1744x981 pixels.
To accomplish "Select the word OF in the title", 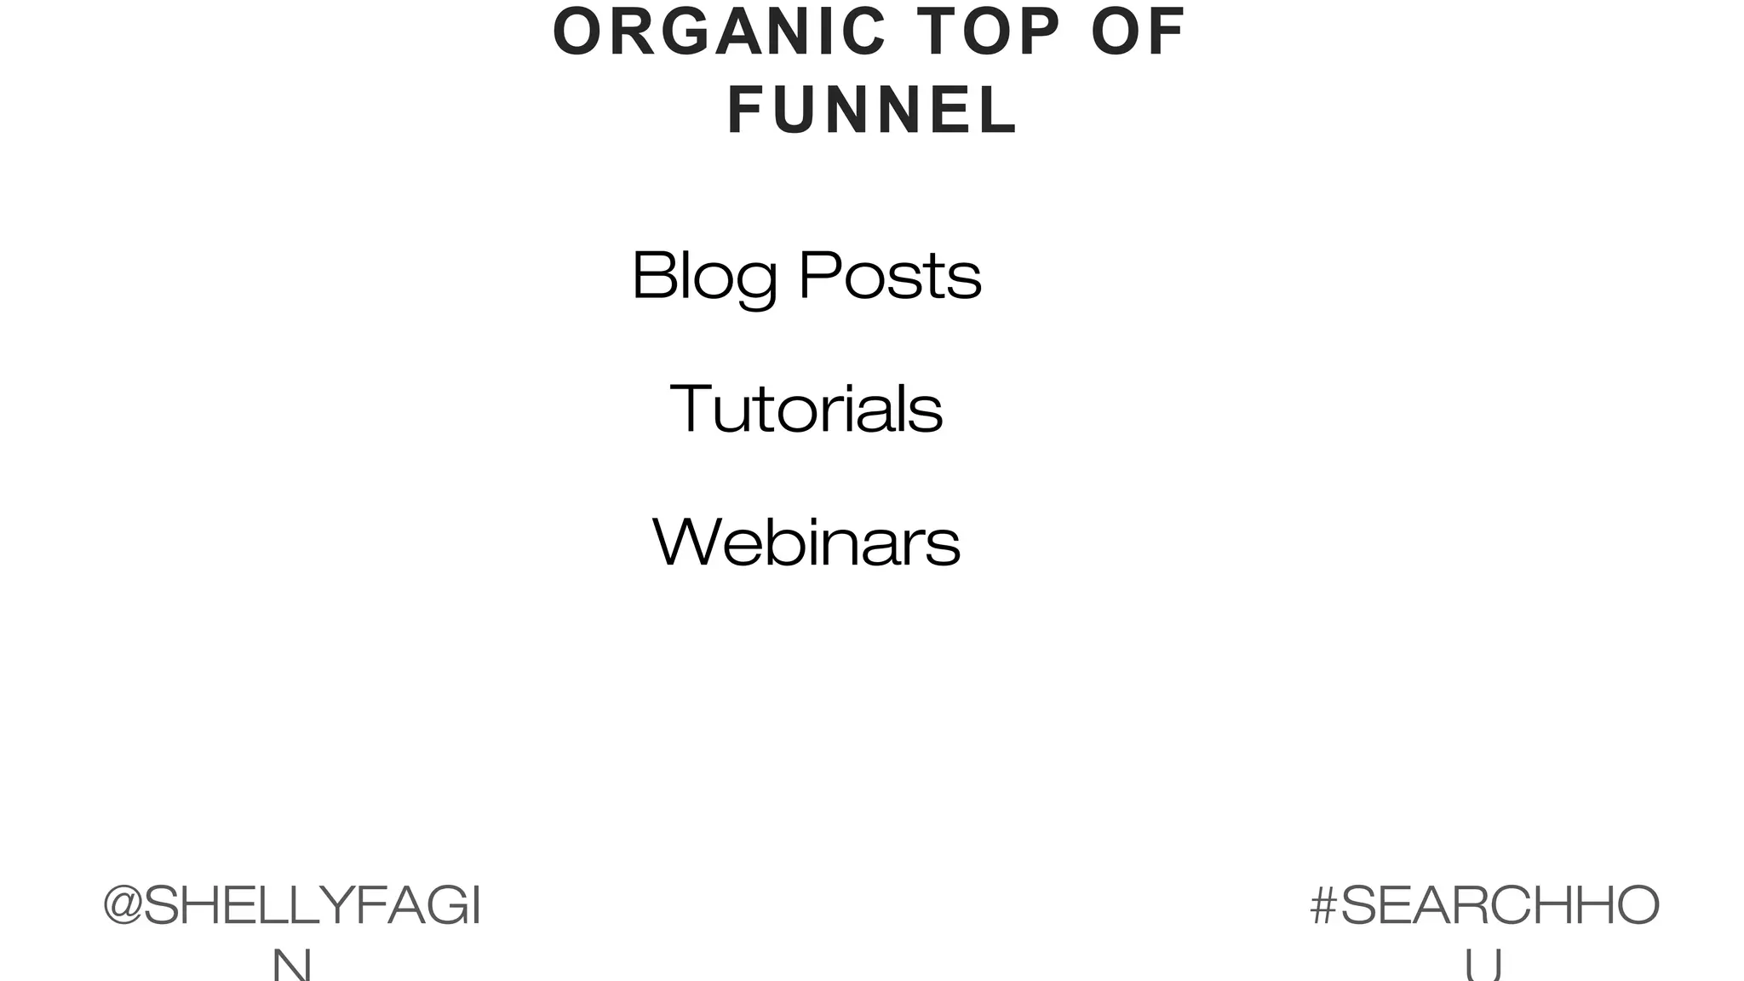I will (1139, 32).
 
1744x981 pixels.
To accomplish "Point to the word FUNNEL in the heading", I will (873, 111).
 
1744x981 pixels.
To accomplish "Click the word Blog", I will (704, 276).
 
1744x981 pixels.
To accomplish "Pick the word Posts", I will (890, 276).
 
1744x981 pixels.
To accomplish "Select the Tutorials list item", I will (806, 409).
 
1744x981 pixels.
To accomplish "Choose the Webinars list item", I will (806, 542).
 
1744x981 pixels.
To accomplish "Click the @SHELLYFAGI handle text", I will (292, 906).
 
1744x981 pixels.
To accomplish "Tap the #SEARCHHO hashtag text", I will (1484, 906).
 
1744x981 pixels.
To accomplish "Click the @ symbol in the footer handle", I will (122, 906).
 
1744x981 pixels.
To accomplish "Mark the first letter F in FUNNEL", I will (745, 111).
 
